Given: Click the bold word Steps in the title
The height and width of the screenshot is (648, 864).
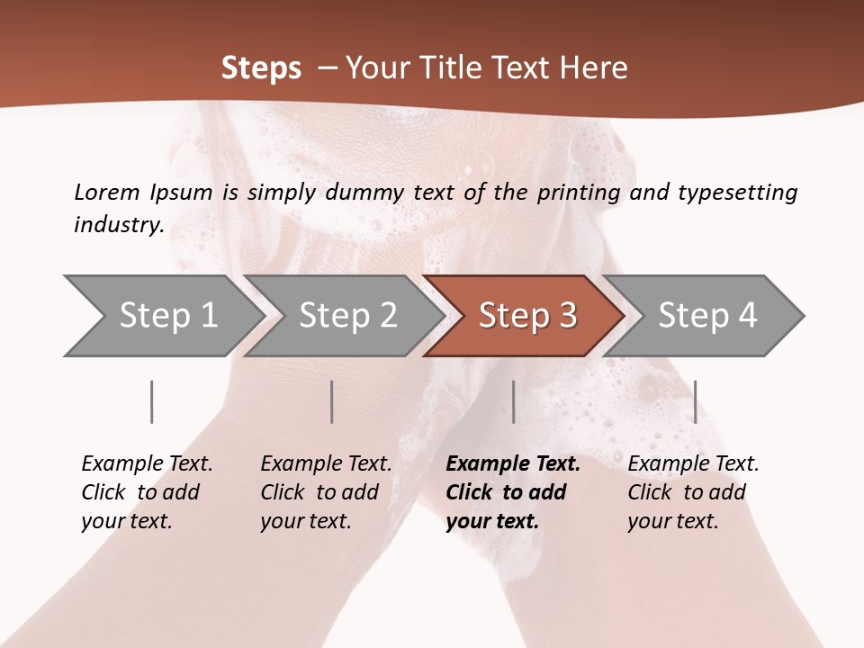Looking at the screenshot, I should pyautogui.click(x=261, y=68).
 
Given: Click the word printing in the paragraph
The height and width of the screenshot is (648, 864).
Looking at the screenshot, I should pyautogui.click(x=577, y=192).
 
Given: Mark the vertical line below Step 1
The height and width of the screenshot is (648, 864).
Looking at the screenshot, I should pyautogui.click(x=152, y=401).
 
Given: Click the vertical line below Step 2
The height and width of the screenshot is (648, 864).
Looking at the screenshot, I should pyautogui.click(x=332, y=401).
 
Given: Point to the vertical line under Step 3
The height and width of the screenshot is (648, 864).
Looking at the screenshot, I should pyautogui.click(x=513, y=401).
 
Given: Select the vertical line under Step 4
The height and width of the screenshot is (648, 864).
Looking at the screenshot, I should pyautogui.click(x=695, y=401).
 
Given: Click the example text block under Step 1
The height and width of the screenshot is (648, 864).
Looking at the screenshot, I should pyautogui.click(x=147, y=492).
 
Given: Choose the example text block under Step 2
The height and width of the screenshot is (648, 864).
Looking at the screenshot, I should pyautogui.click(x=326, y=492).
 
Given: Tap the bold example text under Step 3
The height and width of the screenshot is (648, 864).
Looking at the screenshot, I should pyautogui.click(x=513, y=492).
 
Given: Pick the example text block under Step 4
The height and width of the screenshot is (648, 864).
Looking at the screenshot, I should pyautogui.click(x=693, y=492).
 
